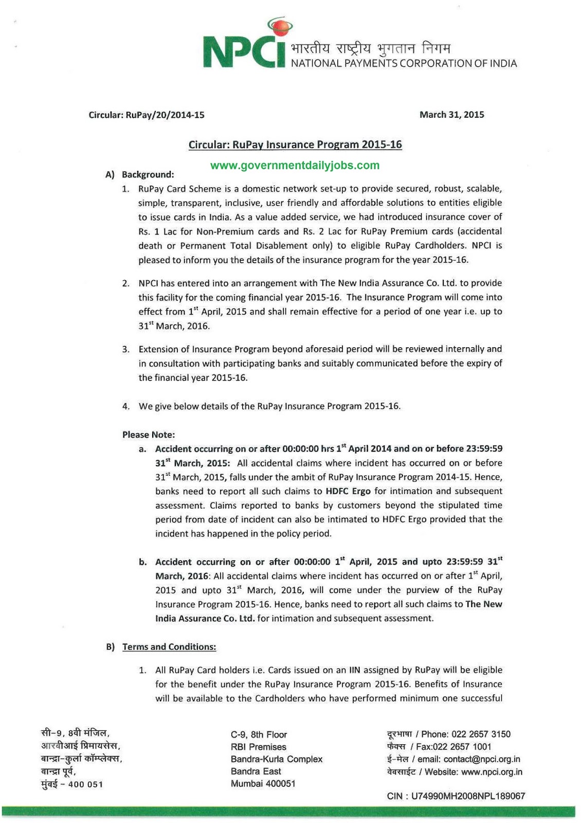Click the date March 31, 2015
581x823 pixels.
(451, 115)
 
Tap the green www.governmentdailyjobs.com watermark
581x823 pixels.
(295, 166)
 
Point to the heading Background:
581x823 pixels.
(148, 175)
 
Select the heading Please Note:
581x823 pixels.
(148, 435)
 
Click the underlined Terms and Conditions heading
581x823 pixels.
(169, 647)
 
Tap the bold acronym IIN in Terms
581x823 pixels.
(355, 670)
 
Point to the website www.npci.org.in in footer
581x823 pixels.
(492, 772)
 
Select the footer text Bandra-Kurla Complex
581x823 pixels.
(277, 759)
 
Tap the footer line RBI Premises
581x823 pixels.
(258, 747)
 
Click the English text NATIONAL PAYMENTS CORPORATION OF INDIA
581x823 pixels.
(404, 63)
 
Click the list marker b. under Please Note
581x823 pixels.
(142, 562)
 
